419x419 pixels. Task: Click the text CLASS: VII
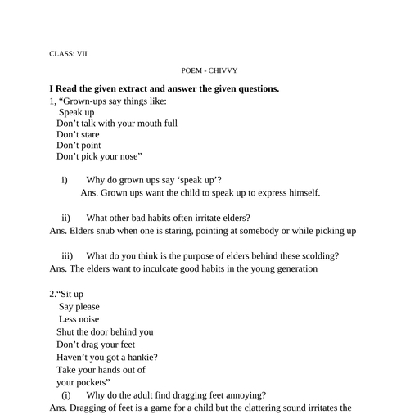(x=68, y=54)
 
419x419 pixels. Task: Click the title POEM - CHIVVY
(x=209, y=71)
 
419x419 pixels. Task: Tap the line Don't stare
(x=78, y=134)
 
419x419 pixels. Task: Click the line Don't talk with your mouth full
(x=116, y=124)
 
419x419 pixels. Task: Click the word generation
(x=291, y=268)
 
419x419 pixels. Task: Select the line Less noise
(x=79, y=319)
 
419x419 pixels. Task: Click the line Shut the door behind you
(x=105, y=332)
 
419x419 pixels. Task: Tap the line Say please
(x=79, y=307)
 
